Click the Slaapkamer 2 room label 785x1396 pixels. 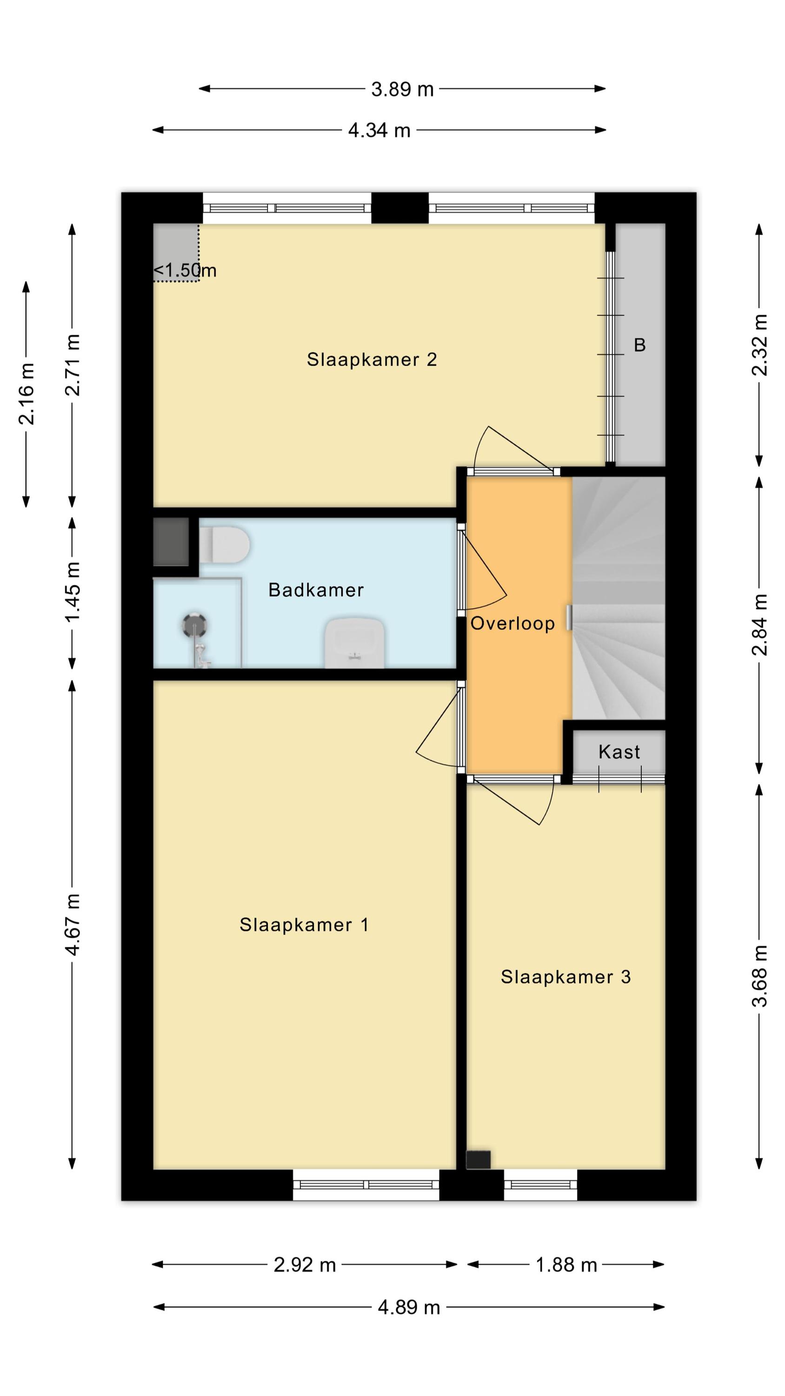point(372,359)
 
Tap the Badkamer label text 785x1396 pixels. point(316,590)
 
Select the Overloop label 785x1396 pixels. point(512,624)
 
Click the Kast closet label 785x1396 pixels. point(619,752)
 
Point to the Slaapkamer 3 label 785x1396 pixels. point(565,977)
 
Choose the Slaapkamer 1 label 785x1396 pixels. point(305,925)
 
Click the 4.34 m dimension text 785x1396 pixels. point(379,131)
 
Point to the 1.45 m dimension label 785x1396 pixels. point(72,592)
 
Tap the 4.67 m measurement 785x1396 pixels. point(72,925)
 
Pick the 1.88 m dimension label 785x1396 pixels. point(566,1265)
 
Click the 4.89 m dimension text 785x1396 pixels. point(409,1308)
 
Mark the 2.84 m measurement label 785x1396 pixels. point(759,625)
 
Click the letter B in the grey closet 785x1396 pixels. point(640,345)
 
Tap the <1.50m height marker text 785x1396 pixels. point(185,270)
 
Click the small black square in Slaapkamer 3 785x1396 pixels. point(479,1160)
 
